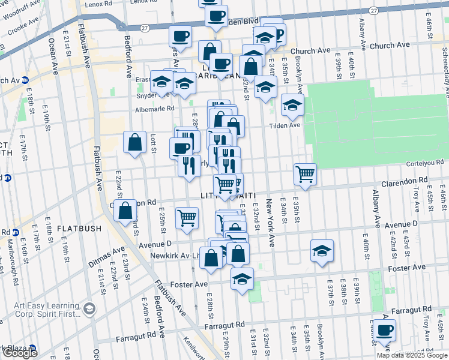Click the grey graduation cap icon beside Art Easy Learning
tap(89, 309)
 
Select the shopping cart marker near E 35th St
tap(305, 175)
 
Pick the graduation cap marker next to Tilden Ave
tap(292, 106)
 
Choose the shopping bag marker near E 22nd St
tap(125, 212)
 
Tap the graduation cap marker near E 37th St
tap(322, 251)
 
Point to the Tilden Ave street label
tap(286, 125)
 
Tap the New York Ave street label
tap(271, 224)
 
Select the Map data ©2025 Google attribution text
tap(411, 355)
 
